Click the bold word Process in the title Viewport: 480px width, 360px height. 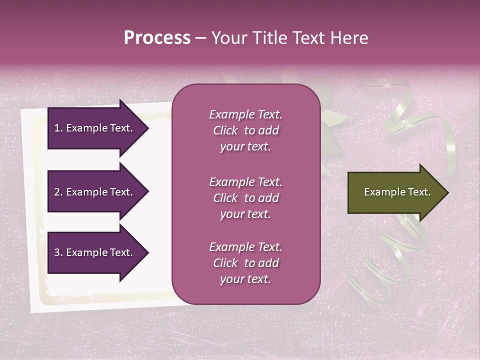[157, 38]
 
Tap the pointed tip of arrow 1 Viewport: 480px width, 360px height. [147, 128]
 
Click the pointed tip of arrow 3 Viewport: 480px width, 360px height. [147, 253]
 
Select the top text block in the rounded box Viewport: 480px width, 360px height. [245, 130]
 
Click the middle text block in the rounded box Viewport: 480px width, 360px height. [245, 198]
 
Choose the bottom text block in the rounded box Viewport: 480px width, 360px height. [245, 263]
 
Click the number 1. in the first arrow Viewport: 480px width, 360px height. [58, 128]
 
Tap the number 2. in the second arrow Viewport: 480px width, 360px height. [58, 192]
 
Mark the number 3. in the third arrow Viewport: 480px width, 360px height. [58, 252]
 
